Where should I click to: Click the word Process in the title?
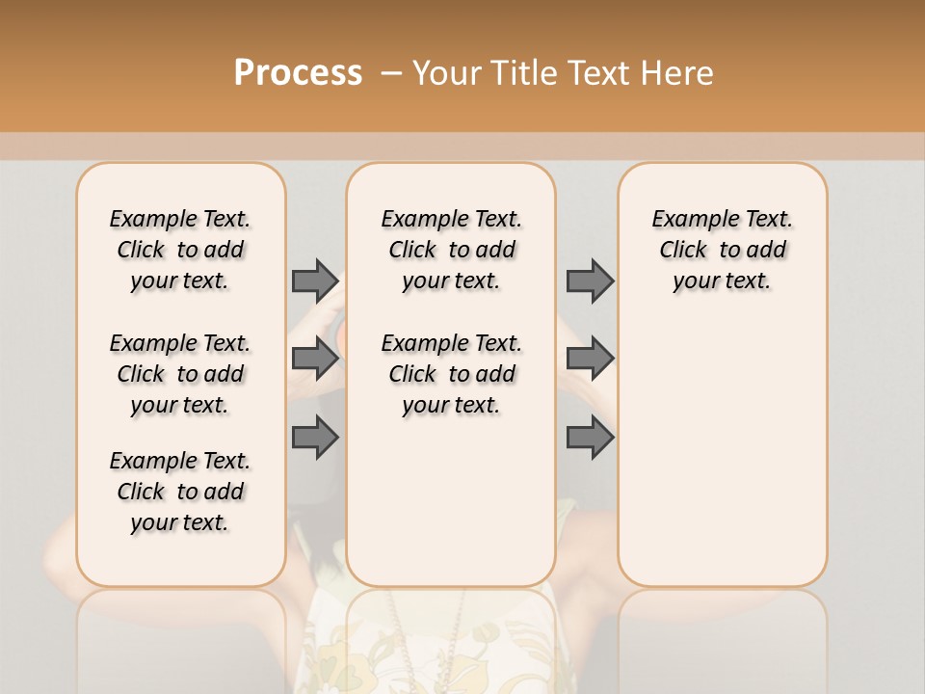[x=298, y=73]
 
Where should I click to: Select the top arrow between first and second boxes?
[x=315, y=280]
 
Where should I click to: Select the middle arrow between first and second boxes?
[x=315, y=359]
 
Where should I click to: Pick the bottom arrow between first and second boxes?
[x=315, y=438]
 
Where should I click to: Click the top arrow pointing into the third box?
[x=590, y=280]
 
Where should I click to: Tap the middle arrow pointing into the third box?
[x=590, y=359]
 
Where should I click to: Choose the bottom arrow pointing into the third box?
[x=590, y=438]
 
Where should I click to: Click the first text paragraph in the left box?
[x=180, y=250]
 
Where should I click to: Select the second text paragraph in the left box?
[x=180, y=374]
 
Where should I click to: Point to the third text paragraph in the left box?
[x=180, y=492]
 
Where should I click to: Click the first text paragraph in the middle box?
[x=451, y=250]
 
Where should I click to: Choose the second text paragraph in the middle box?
[x=451, y=374]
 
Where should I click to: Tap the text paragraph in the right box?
[x=722, y=250]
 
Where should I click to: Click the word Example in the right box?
[x=688, y=220]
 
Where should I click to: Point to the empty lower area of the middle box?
[x=451, y=501]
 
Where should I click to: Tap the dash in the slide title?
[x=391, y=73]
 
